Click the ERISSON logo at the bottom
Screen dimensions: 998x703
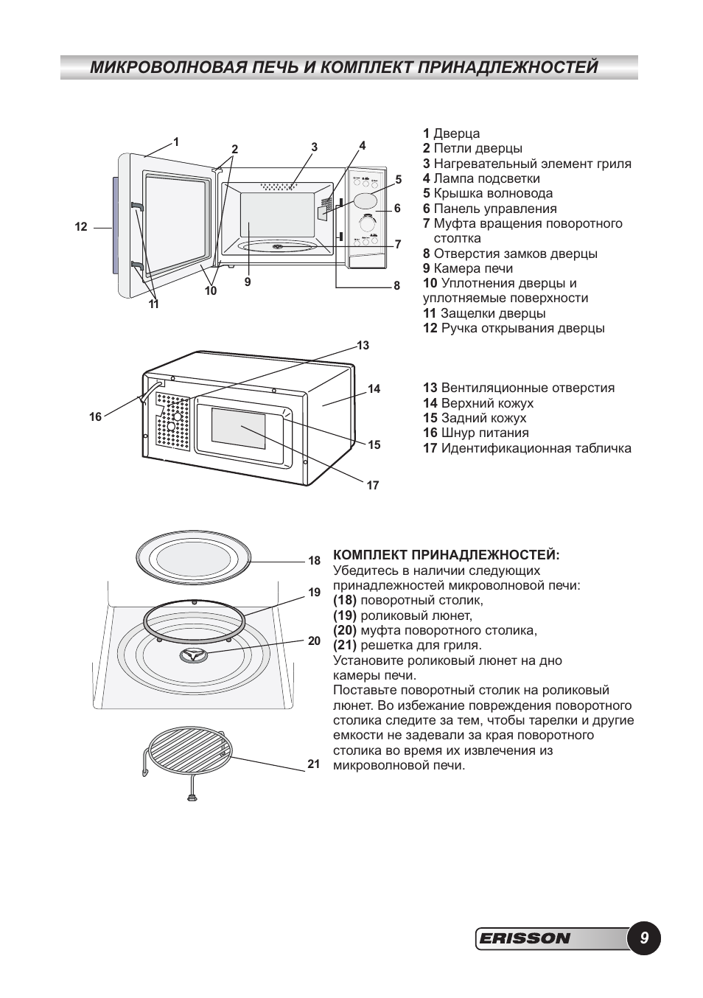[525, 938]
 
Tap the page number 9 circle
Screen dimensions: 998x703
[644, 938]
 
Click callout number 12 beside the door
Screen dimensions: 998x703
[81, 227]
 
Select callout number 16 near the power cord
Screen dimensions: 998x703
[96, 417]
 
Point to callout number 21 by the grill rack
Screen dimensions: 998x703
[314, 764]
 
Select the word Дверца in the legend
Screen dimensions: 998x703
[456, 133]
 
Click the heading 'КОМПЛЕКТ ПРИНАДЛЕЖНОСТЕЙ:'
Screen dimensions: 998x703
[447, 554]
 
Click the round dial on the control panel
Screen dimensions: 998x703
[366, 223]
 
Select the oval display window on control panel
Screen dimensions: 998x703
[366, 200]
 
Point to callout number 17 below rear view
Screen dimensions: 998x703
[373, 486]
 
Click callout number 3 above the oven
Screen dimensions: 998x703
[314, 147]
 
